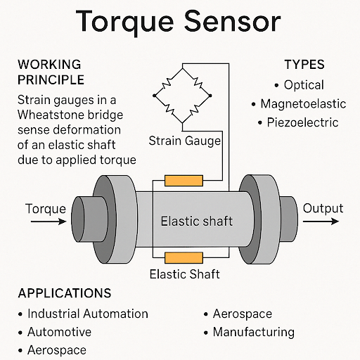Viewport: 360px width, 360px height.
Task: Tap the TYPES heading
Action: click(304, 65)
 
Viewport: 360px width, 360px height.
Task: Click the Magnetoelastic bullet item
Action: click(303, 104)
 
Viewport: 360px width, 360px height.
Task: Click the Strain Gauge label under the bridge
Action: click(185, 141)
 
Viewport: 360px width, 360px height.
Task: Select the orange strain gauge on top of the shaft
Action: click(183, 181)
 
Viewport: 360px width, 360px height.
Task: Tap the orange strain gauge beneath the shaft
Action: click(183, 257)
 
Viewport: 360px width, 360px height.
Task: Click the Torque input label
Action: click(45, 209)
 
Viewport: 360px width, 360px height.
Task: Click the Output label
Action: click(323, 208)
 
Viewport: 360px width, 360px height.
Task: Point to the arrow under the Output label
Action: click(322, 222)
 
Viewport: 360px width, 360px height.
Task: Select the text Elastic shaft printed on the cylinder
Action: click(197, 221)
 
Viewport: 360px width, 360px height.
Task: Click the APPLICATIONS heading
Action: click(64, 293)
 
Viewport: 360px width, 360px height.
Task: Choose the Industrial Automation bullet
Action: click(87, 314)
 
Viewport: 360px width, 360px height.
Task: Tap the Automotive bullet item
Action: click(59, 332)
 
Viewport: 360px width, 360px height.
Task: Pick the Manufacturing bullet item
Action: click(253, 332)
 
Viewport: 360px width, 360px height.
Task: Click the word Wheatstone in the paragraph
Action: click(51, 115)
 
